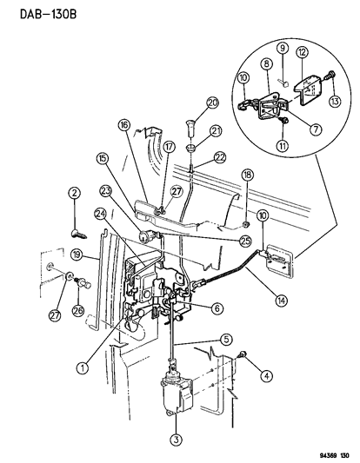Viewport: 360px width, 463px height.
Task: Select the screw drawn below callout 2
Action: pos(77,232)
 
